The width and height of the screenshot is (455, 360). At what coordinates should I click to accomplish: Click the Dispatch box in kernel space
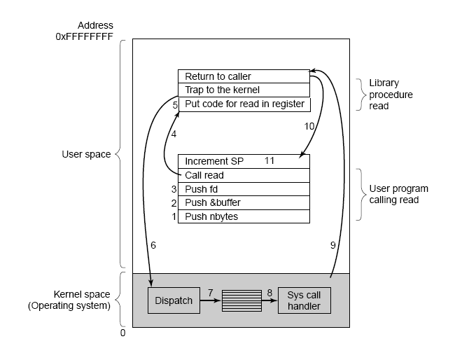tap(173, 300)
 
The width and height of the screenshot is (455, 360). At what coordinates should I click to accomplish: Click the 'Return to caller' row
tap(243, 76)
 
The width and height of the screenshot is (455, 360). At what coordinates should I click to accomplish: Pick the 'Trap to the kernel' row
tap(243, 90)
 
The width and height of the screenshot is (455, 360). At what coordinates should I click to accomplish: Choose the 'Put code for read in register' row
tap(243, 104)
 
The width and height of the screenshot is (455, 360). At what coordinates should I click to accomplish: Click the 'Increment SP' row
tap(243, 161)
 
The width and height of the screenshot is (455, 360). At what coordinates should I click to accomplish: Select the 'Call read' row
tap(243, 175)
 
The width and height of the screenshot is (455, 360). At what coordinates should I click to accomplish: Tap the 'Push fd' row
tap(243, 189)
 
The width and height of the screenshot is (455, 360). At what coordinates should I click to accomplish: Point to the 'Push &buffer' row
tap(243, 202)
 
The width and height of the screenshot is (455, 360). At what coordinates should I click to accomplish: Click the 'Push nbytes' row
tap(243, 216)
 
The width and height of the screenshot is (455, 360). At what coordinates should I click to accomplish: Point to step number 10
tap(309, 127)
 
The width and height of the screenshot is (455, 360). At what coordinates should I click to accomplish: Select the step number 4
tap(174, 133)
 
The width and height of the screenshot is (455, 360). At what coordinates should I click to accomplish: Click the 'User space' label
tap(86, 154)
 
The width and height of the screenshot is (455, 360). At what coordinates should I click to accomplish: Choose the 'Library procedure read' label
tap(391, 95)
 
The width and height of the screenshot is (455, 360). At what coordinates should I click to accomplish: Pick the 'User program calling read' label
tap(398, 194)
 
